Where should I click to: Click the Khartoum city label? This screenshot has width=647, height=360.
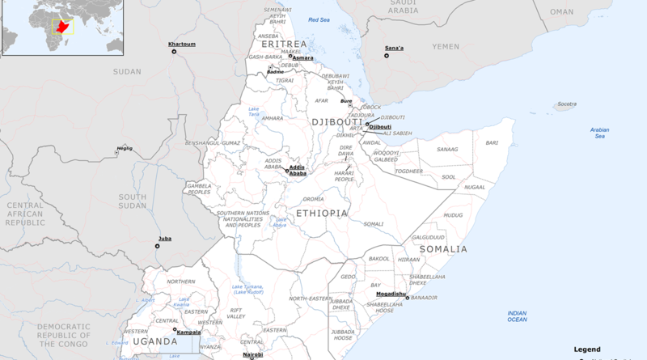click(182, 43)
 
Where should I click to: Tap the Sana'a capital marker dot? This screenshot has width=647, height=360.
click(386, 55)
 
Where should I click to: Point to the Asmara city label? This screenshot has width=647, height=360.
click(302, 58)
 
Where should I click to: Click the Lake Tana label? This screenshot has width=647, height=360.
click(254, 112)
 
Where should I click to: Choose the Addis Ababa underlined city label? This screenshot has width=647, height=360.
click(298, 170)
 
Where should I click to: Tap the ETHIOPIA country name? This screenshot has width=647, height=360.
click(322, 213)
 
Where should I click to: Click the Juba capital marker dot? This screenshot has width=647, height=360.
click(159, 246)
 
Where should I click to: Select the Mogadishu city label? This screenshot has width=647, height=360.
click(391, 293)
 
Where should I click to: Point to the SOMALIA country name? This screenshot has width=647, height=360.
click(442, 249)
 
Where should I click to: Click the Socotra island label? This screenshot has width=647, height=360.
click(567, 104)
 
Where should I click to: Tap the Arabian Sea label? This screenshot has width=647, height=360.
click(599, 133)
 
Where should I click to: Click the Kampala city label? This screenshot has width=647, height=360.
click(188, 332)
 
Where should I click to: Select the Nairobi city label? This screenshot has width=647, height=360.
click(253, 354)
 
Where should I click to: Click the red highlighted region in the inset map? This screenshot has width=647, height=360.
click(60, 27)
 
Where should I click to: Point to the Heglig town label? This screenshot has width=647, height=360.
click(124, 148)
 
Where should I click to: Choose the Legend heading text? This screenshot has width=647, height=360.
click(587, 349)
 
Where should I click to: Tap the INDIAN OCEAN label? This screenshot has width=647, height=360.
click(517, 316)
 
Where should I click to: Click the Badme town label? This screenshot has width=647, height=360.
click(276, 72)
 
